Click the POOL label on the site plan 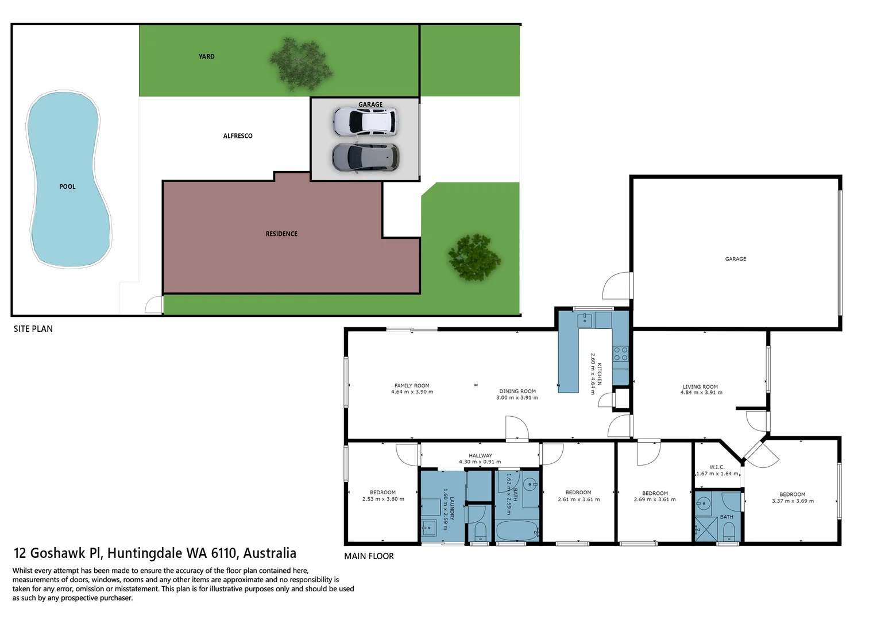[x=67, y=187]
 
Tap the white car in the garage [x=365, y=122]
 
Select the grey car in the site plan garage [x=365, y=157]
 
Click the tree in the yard [x=300, y=64]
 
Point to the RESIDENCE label [x=281, y=234]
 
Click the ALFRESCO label [x=238, y=136]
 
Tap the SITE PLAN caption [x=33, y=329]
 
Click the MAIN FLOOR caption [x=369, y=556]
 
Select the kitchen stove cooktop [x=621, y=354]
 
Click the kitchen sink [x=585, y=319]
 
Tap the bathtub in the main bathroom [x=517, y=531]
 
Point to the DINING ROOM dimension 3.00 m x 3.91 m [x=517, y=398]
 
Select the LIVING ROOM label [x=700, y=387]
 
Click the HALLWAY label [x=480, y=456]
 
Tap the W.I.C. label [x=717, y=467]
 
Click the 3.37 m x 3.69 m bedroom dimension [x=793, y=501]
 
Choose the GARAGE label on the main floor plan [x=736, y=259]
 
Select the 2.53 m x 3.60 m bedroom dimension [x=383, y=499]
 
